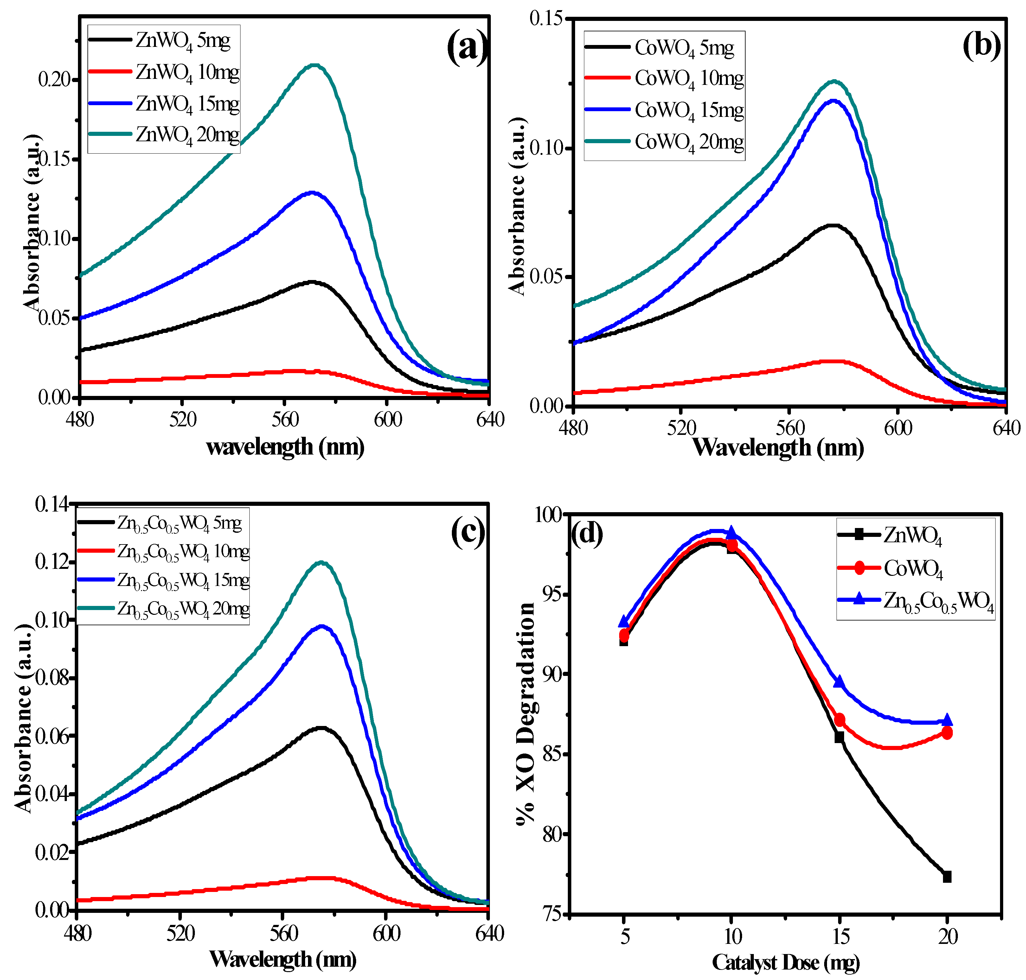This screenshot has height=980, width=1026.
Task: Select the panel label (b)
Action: click(981, 45)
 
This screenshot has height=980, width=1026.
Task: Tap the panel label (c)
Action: click(467, 532)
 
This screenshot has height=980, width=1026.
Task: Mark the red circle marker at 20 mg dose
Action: click(946, 733)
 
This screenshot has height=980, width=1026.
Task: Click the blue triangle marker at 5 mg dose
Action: click(624, 622)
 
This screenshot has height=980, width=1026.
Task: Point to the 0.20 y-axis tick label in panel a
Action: click(54, 80)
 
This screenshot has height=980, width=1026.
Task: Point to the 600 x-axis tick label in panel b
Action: click(898, 428)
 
